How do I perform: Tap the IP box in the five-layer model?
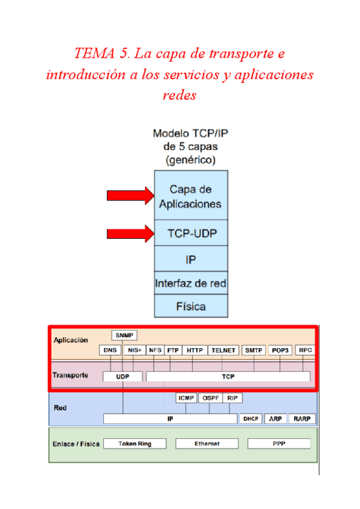(191, 259)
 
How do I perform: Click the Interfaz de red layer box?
(191, 283)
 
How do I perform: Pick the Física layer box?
(191, 306)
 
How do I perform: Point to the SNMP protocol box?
(124, 335)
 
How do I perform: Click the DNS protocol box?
(110, 350)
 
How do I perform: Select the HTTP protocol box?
(194, 350)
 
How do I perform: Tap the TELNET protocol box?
(224, 350)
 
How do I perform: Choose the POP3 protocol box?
(280, 350)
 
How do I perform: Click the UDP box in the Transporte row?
(122, 376)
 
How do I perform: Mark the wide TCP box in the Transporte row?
(228, 376)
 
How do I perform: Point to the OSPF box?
(210, 398)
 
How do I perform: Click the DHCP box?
(251, 419)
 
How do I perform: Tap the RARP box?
(302, 419)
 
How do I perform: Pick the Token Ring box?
(134, 444)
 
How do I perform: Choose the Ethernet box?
(207, 444)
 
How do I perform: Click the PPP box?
(279, 444)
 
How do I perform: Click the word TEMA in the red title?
(95, 54)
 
